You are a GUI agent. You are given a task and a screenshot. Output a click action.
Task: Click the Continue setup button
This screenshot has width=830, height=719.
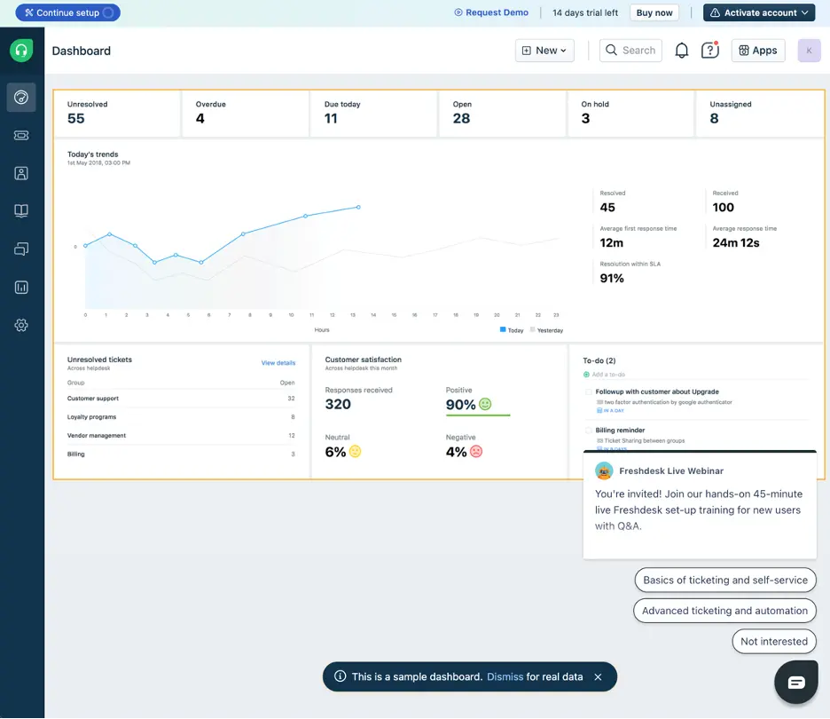pos(67,13)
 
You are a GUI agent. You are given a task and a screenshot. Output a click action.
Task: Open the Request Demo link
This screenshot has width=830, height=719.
pos(491,12)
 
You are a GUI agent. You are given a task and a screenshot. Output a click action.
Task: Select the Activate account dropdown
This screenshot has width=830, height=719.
pos(760,12)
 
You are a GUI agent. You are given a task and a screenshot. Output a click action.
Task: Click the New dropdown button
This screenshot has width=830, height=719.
pos(544,51)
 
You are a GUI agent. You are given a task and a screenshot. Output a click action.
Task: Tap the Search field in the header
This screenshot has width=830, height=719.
pos(630,51)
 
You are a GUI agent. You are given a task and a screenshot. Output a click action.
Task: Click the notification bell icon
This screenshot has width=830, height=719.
pos(681,51)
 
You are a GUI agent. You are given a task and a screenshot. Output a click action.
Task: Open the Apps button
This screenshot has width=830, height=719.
pos(757,51)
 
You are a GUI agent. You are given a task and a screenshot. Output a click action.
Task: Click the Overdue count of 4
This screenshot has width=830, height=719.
pos(200,119)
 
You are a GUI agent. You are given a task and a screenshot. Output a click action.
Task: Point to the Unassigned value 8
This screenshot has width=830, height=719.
pos(714,119)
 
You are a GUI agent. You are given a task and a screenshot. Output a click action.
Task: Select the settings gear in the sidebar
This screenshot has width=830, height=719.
pos(21,326)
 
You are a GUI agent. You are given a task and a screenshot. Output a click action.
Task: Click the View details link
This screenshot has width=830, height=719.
pos(278,363)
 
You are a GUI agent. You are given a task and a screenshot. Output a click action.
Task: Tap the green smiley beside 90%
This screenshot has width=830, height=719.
pos(485,404)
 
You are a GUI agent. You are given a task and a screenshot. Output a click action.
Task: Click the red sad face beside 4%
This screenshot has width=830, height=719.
pos(476,452)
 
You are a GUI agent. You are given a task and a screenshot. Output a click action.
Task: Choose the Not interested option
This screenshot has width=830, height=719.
pos(773,641)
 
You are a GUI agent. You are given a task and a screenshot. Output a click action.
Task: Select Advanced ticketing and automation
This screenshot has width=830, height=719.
pos(724,611)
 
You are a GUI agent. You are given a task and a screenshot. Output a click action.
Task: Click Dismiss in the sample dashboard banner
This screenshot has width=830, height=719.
pos(505,676)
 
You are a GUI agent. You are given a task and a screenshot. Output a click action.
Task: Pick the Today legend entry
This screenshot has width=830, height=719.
pos(512,330)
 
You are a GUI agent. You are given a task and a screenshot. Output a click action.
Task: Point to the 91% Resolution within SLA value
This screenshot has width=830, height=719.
pos(612,279)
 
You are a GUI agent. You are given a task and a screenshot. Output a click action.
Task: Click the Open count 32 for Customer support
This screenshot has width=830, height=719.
pos(291,399)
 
